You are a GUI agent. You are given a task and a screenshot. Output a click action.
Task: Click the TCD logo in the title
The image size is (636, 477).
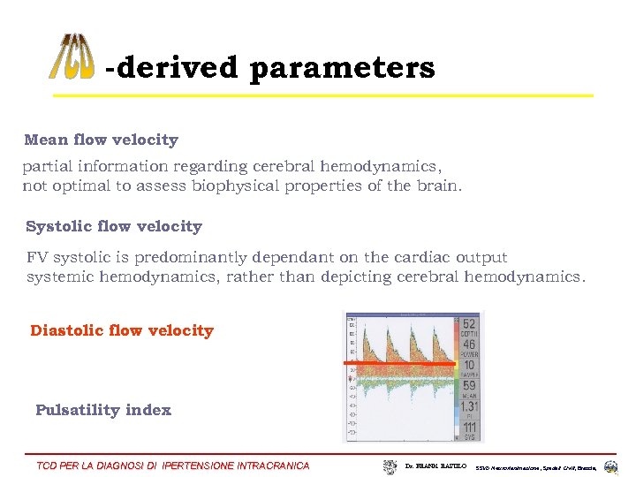pos(71,57)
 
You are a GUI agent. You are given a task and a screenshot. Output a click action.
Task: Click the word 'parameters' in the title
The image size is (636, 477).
pos(342,68)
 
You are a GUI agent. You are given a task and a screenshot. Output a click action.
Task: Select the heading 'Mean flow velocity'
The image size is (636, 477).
pos(101,140)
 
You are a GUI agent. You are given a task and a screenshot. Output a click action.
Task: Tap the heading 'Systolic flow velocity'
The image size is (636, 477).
pos(114,226)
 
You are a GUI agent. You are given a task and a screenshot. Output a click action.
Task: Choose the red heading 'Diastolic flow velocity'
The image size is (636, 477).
pos(122,330)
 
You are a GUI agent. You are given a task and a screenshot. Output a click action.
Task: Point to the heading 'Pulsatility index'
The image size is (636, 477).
pos(103,410)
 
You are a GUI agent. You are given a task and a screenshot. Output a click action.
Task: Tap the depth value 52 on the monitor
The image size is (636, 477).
pos(468,325)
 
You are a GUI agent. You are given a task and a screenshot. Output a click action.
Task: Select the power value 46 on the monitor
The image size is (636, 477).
pos(468,345)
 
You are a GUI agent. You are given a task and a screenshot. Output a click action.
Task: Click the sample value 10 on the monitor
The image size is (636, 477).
pos(468,366)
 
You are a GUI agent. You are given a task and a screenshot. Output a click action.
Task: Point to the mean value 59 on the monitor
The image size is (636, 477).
pos(468,386)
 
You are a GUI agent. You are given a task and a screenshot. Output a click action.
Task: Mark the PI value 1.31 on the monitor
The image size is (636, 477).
pos(468,406)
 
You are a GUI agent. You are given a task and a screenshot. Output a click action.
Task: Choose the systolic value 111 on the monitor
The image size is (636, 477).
pos(468,427)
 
